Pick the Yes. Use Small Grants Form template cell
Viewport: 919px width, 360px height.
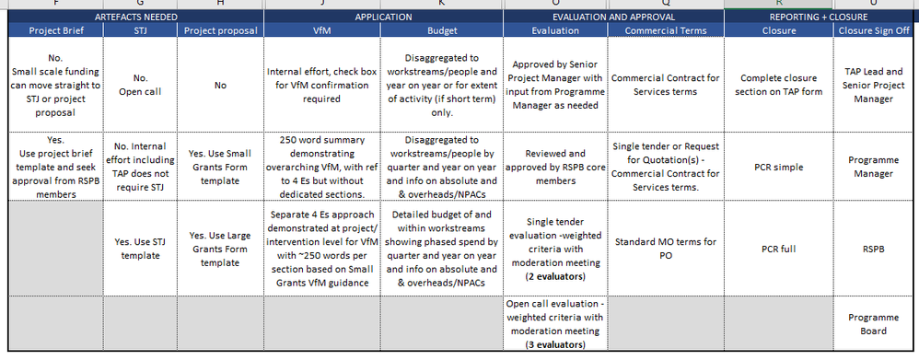tap(219, 168)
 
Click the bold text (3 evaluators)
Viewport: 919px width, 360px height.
tap(555, 344)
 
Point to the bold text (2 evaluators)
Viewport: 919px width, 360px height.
tap(555, 275)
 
